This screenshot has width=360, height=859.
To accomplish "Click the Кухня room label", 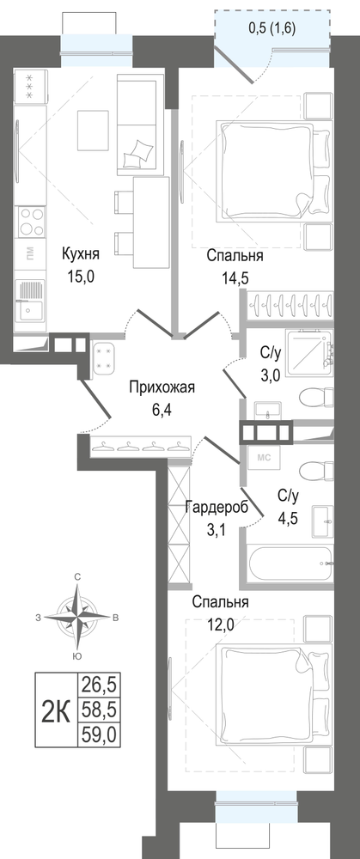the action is (80, 255).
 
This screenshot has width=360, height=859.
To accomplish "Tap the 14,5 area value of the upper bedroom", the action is (235, 277).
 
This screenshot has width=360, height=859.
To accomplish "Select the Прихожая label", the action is (162, 388).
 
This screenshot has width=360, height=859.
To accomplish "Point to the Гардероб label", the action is (217, 508).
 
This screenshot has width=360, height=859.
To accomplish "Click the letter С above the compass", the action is (78, 576).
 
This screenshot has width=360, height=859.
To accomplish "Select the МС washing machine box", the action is (265, 456).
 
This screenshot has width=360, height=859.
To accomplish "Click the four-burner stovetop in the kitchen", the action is (31, 222).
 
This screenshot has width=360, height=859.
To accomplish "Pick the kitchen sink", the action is (30, 300).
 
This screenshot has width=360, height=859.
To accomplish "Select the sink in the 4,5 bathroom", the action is (322, 521).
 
